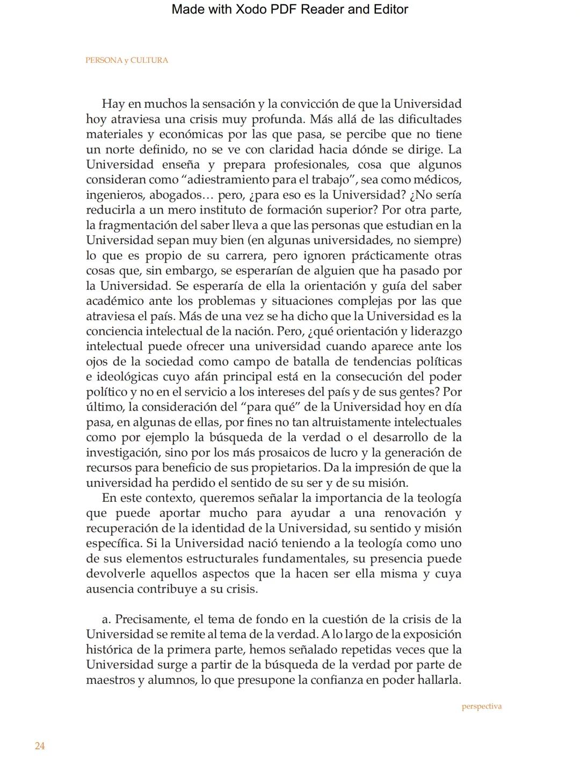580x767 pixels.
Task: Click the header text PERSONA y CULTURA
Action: pos(127,60)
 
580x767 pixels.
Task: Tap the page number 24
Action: pos(40,746)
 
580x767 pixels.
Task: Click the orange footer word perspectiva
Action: pos(482,706)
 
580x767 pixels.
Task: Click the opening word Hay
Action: pos(113,104)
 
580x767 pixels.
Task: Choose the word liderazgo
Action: pos(437,331)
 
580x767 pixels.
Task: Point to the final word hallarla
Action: pos(438,680)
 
